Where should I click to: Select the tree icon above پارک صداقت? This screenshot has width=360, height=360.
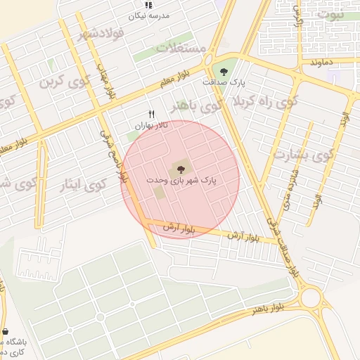(224, 71)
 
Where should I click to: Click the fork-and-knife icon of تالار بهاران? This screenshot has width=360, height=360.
(151, 115)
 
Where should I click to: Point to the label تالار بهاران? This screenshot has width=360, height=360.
(152, 125)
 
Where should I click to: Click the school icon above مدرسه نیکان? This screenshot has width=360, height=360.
(148, 5)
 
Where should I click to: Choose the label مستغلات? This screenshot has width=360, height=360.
(181, 48)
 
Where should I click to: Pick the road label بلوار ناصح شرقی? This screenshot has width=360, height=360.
(113, 157)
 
